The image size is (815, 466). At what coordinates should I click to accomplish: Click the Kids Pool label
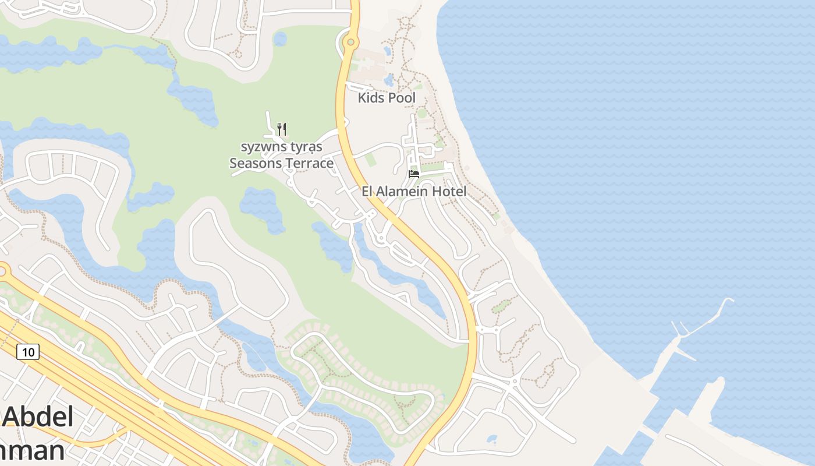coord(387,98)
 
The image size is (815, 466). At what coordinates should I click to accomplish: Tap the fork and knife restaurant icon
coord(282,129)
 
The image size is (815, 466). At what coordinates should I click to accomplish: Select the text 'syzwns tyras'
coord(281,146)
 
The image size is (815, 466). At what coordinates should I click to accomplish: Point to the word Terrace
coord(310,163)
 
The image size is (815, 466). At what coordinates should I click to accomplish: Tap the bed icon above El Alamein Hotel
coord(414,174)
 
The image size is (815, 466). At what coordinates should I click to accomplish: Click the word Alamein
coord(406,191)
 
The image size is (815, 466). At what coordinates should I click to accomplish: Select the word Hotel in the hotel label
coord(449,191)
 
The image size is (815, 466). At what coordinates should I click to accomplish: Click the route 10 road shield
coord(28,352)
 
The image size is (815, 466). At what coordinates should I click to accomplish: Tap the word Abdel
coord(38,417)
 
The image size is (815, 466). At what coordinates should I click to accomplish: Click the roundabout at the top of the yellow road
coord(350,42)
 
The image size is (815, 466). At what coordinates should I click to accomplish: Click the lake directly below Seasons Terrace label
coord(262,207)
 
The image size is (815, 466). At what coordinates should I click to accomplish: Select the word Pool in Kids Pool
coord(402,98)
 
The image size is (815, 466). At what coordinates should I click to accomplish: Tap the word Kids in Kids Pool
coord(371,98)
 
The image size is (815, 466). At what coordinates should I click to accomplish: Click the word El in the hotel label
coord(367,191)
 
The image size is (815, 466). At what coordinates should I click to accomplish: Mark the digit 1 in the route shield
coord(24,352)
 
